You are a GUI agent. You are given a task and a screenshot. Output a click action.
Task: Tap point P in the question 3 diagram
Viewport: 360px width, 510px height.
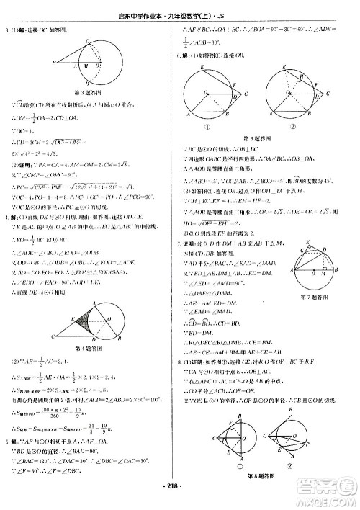[x=55, y=63]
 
